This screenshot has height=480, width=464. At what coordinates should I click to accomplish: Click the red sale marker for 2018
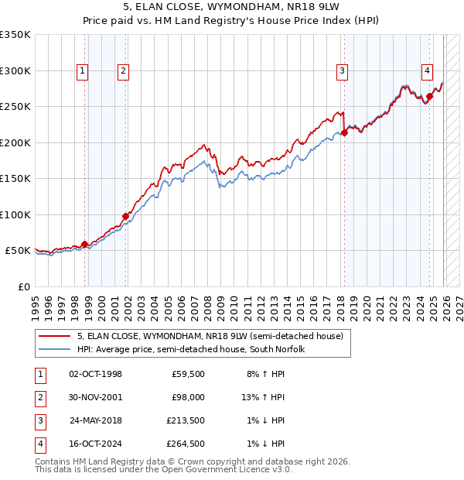click(345, 132)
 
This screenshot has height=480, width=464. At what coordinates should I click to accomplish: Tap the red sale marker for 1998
click(84, 244)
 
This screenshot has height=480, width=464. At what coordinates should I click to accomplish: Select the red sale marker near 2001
click(125, 216)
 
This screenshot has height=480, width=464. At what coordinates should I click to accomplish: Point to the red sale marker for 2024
click(429, 96)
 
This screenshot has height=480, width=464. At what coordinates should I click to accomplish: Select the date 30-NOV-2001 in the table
click(95, 397)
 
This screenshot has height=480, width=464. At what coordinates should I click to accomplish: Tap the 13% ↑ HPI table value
click(263, 397)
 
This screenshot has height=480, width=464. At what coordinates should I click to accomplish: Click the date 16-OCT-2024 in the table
click(95, 444)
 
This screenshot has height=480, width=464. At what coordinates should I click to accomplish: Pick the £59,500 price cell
click(188, 374)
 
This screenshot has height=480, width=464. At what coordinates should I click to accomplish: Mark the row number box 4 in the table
click(39, 444)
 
